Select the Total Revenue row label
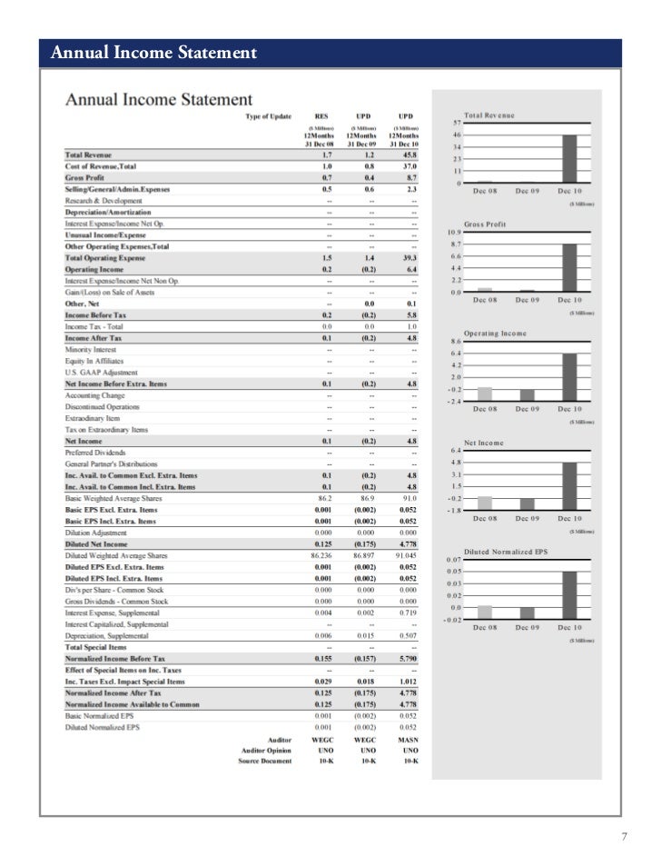click(x=88, y=155)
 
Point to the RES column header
click(x=321, y=115)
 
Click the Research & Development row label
click(x=104, y=201)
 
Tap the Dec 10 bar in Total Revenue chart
click(x=570, y=159)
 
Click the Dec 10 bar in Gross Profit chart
click(x=570, y=268)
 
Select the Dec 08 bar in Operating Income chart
click(x=485, y=393)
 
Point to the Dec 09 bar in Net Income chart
click(x=527, y=503)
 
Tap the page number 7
click(x=624, y=836)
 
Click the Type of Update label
click(x=269, y=115)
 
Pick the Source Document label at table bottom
click(x=265, y=761)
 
